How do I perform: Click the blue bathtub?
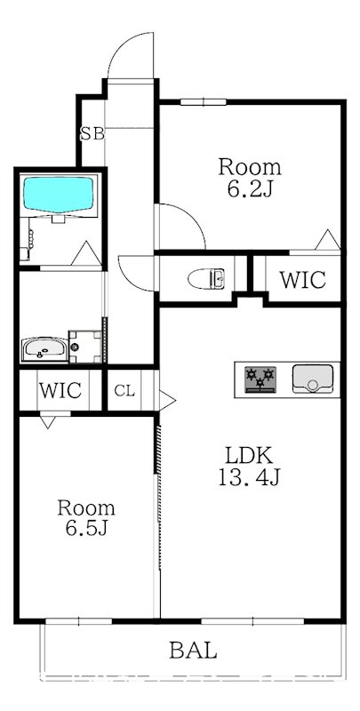point(59,196)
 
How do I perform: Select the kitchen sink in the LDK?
point(313,378)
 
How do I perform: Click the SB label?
point(92,134)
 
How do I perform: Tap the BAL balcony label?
point(193,651)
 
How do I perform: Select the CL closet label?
point(124,390)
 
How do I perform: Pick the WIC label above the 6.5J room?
point(60,390)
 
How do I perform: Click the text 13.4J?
point(249,478)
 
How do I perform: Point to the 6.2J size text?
point(250,188)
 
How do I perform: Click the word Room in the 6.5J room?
point(86,508)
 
